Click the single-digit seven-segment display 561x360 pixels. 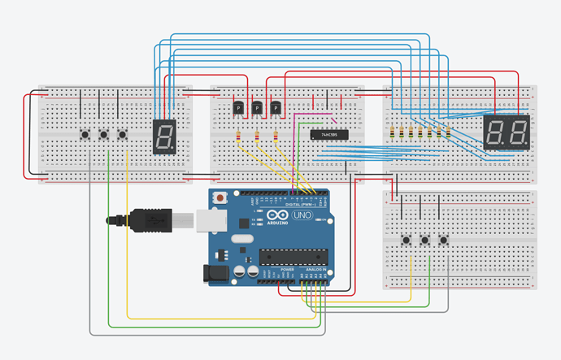[164, 137]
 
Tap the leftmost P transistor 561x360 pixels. [238, 107]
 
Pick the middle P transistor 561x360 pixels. [258, 107]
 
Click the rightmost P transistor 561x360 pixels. [276, 107]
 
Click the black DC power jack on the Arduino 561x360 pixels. [216, 272]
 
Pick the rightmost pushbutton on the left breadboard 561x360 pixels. [123, 134]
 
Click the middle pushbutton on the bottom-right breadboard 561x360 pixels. [424, 240]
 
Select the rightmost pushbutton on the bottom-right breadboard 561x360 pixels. [444, 240]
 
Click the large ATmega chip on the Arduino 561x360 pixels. [294, 258]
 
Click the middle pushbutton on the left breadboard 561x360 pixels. [103, 134]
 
